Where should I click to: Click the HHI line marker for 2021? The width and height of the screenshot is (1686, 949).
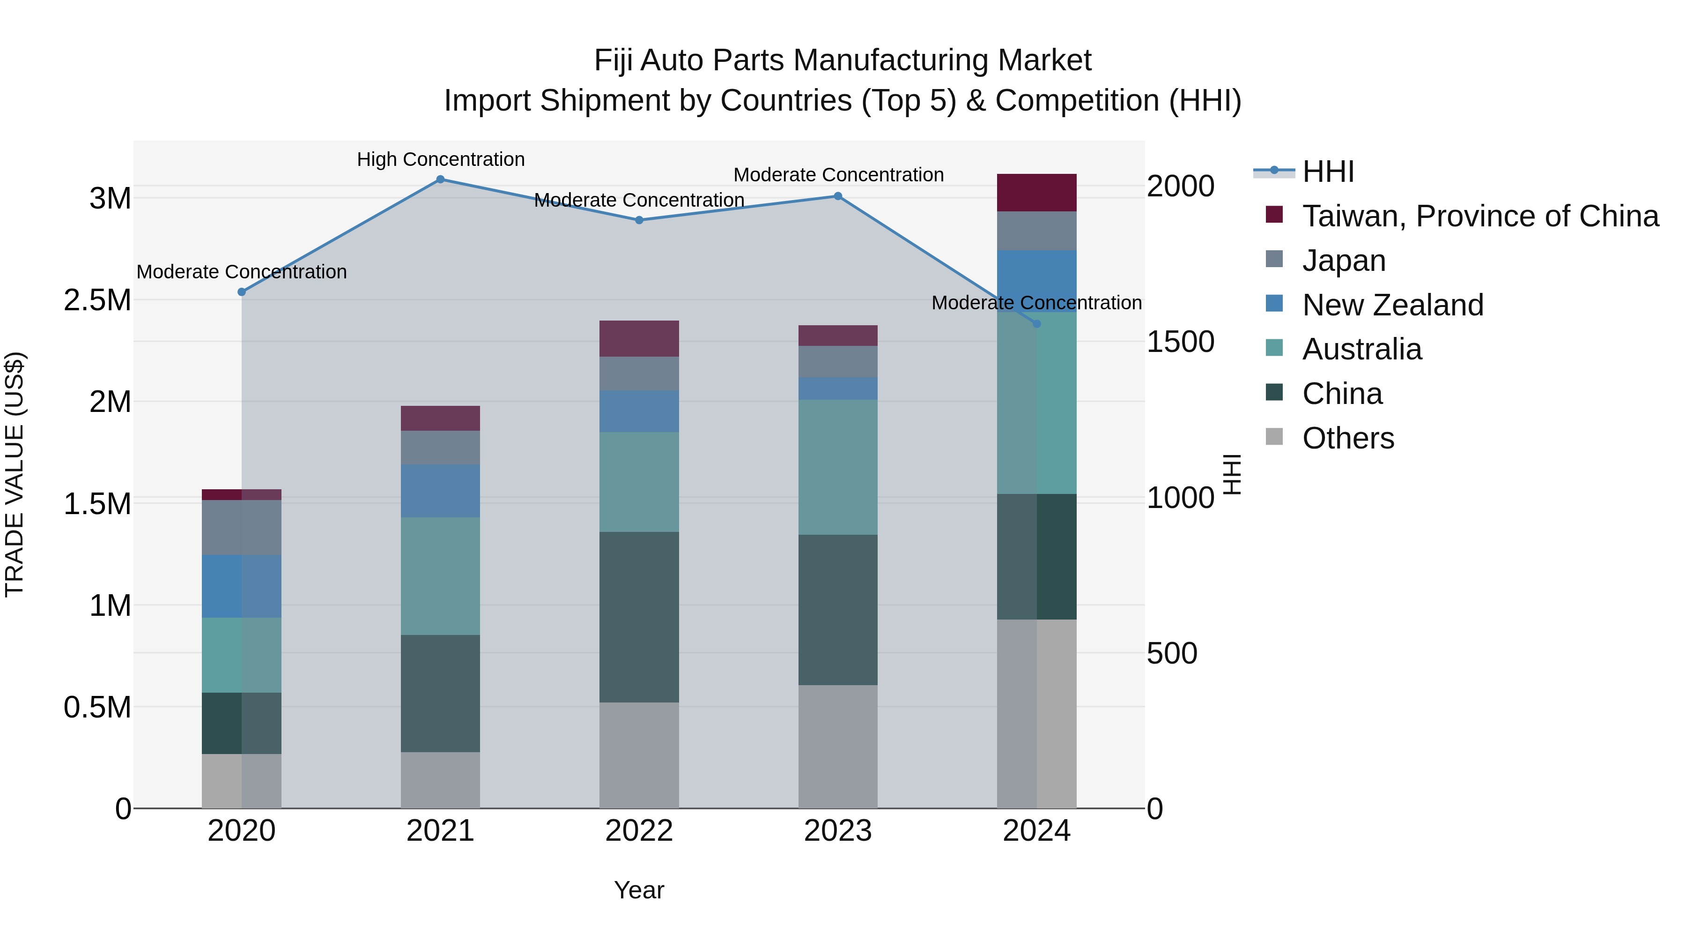[441, 179]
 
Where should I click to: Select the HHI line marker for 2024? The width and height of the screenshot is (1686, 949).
[1037, 323]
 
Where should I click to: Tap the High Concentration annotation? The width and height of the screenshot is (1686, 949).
[441, 159]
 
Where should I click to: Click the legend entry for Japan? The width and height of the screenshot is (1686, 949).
[1343, 261]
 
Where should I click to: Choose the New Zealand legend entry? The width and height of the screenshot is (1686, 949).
[1392, 305]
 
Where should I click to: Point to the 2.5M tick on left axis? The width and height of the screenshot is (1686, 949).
[97, 300]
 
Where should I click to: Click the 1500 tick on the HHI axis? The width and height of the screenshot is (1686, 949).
[1180, 342]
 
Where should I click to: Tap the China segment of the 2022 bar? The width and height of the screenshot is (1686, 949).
[639, 617]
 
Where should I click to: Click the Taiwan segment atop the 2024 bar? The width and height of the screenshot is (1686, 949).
[1037, 193]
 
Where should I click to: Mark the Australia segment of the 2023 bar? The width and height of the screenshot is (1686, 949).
[838, 467]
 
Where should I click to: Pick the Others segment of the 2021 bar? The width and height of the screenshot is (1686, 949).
[441, 780]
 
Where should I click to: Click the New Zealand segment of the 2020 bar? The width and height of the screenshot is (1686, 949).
[242, 586]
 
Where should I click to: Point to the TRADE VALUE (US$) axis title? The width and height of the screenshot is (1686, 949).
[15, 474]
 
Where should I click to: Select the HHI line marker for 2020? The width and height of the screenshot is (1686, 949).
[242, 292]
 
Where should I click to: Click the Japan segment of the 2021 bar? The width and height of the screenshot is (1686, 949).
[441, 448]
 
